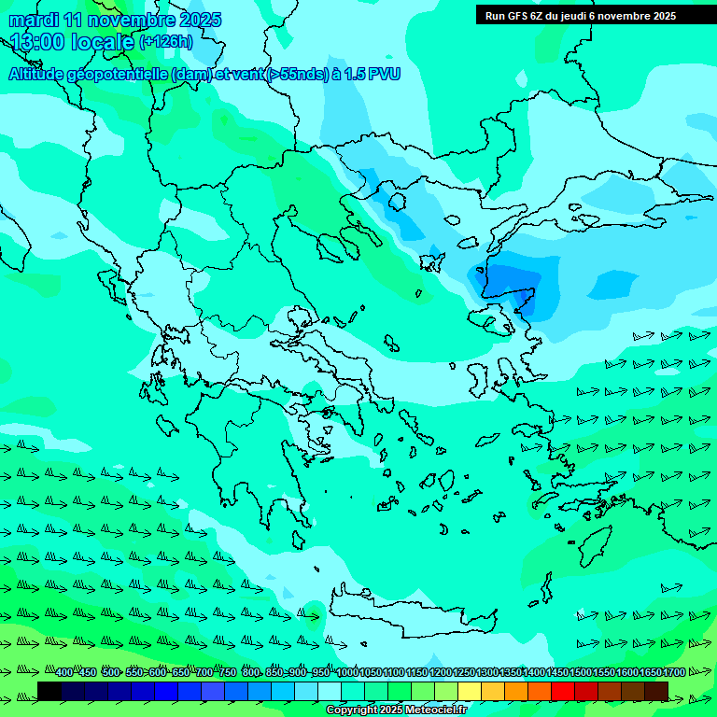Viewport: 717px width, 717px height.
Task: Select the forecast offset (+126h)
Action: (165, 42)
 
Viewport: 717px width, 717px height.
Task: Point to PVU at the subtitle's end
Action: (383, 75)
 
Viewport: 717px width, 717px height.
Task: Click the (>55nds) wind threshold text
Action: (297, 75)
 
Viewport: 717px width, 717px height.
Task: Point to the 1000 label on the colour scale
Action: (347, 673)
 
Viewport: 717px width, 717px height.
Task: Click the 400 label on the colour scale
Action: (63, 673)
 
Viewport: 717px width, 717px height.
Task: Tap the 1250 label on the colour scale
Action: (464, 673)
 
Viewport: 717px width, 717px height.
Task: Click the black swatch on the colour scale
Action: (49, 691)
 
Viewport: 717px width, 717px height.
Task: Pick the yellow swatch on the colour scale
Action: (470, 691)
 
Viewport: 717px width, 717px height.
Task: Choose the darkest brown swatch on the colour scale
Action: (656, 691)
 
